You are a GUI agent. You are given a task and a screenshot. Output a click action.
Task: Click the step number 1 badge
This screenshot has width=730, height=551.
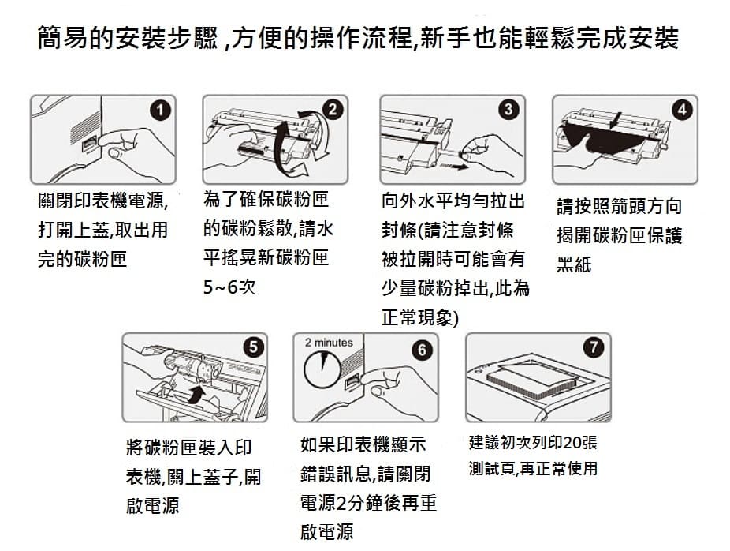point(160,111)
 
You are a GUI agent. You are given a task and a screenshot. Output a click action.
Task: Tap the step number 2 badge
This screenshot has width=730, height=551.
point(333,110)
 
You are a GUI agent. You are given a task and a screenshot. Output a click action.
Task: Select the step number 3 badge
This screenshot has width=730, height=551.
point(508,109)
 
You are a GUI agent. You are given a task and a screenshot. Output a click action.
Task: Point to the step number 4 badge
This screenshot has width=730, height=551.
point(682,110)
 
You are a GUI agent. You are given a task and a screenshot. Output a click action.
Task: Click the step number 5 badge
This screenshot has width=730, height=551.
point(253,347)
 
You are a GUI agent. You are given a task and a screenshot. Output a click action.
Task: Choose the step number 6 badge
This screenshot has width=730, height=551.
point(422,350)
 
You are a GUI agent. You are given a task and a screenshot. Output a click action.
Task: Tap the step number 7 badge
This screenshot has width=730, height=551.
point(594,347)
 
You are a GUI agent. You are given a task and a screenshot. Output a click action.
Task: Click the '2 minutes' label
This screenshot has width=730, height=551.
point(329,343)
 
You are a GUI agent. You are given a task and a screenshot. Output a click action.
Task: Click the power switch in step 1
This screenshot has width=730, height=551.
point(89,144)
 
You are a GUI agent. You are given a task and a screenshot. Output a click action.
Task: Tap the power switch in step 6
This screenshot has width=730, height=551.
point(352,382)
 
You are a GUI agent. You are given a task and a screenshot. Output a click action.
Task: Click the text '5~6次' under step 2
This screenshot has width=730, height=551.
point(229,287)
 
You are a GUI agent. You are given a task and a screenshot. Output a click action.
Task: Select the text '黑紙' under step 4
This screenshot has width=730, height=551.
point(574,264)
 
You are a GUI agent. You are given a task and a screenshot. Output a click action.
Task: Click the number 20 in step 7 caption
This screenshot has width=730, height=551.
point(572,442)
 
